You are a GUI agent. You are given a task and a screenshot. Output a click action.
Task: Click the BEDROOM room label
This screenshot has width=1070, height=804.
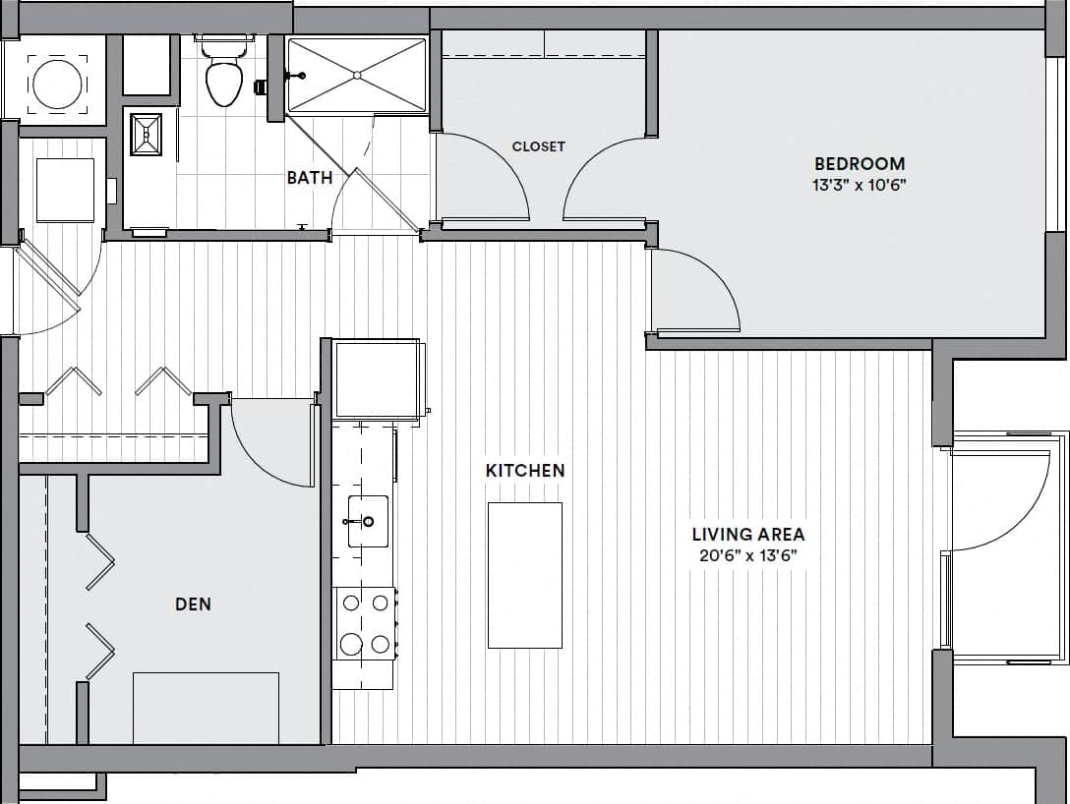[859, 163]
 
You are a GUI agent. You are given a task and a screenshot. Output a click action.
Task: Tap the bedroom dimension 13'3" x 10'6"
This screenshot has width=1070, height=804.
[859, 184]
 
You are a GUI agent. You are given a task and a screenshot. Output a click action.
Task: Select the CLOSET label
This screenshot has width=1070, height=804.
[538, 146]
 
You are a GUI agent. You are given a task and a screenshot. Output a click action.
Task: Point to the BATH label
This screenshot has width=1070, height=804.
[309, 178]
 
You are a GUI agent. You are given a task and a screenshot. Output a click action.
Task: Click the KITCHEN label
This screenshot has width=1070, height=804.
[525, 471]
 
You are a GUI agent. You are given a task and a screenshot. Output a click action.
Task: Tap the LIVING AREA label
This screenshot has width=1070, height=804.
[747, 535]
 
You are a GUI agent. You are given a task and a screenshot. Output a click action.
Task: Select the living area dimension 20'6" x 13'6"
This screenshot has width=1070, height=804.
[747, 555]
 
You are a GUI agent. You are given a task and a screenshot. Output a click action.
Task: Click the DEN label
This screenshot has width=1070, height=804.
[193, 604]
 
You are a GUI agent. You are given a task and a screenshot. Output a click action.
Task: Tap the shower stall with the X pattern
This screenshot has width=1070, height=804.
[357, 75]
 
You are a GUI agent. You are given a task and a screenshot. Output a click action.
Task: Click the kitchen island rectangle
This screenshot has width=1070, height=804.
[525, 575]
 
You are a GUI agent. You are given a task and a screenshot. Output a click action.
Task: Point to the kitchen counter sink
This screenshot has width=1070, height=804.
[367, 521]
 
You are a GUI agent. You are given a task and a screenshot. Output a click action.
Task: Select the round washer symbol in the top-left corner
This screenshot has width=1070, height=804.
[57, 83]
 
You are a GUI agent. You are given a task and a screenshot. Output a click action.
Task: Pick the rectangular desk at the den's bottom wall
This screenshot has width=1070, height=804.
[206, 708]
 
